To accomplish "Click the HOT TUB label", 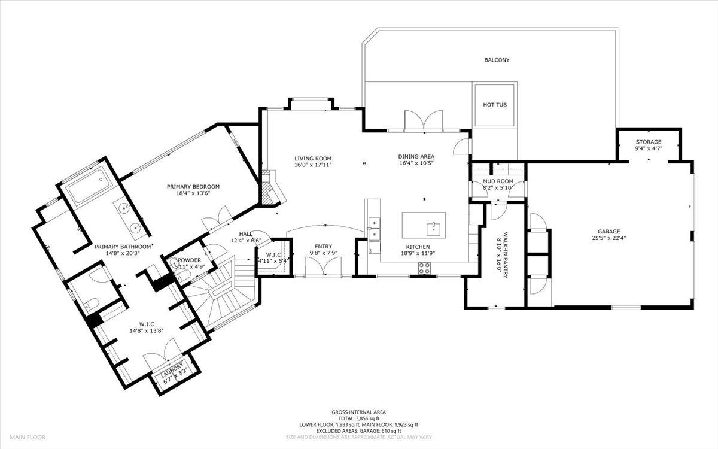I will click(495, 105).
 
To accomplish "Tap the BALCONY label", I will click(497, 60).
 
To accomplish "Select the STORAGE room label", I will click(649, 142).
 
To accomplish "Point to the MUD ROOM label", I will click(498, 181).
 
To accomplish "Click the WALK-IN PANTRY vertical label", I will click(506, 253).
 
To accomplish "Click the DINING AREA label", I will click(416, 157).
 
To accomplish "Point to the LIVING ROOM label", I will click(312, 159).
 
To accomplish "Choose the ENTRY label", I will click(323, 246).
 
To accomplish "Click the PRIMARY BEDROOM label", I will click(193, 187).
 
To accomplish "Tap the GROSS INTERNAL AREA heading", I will click(358, 412).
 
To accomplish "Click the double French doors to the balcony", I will click(422, 120).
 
